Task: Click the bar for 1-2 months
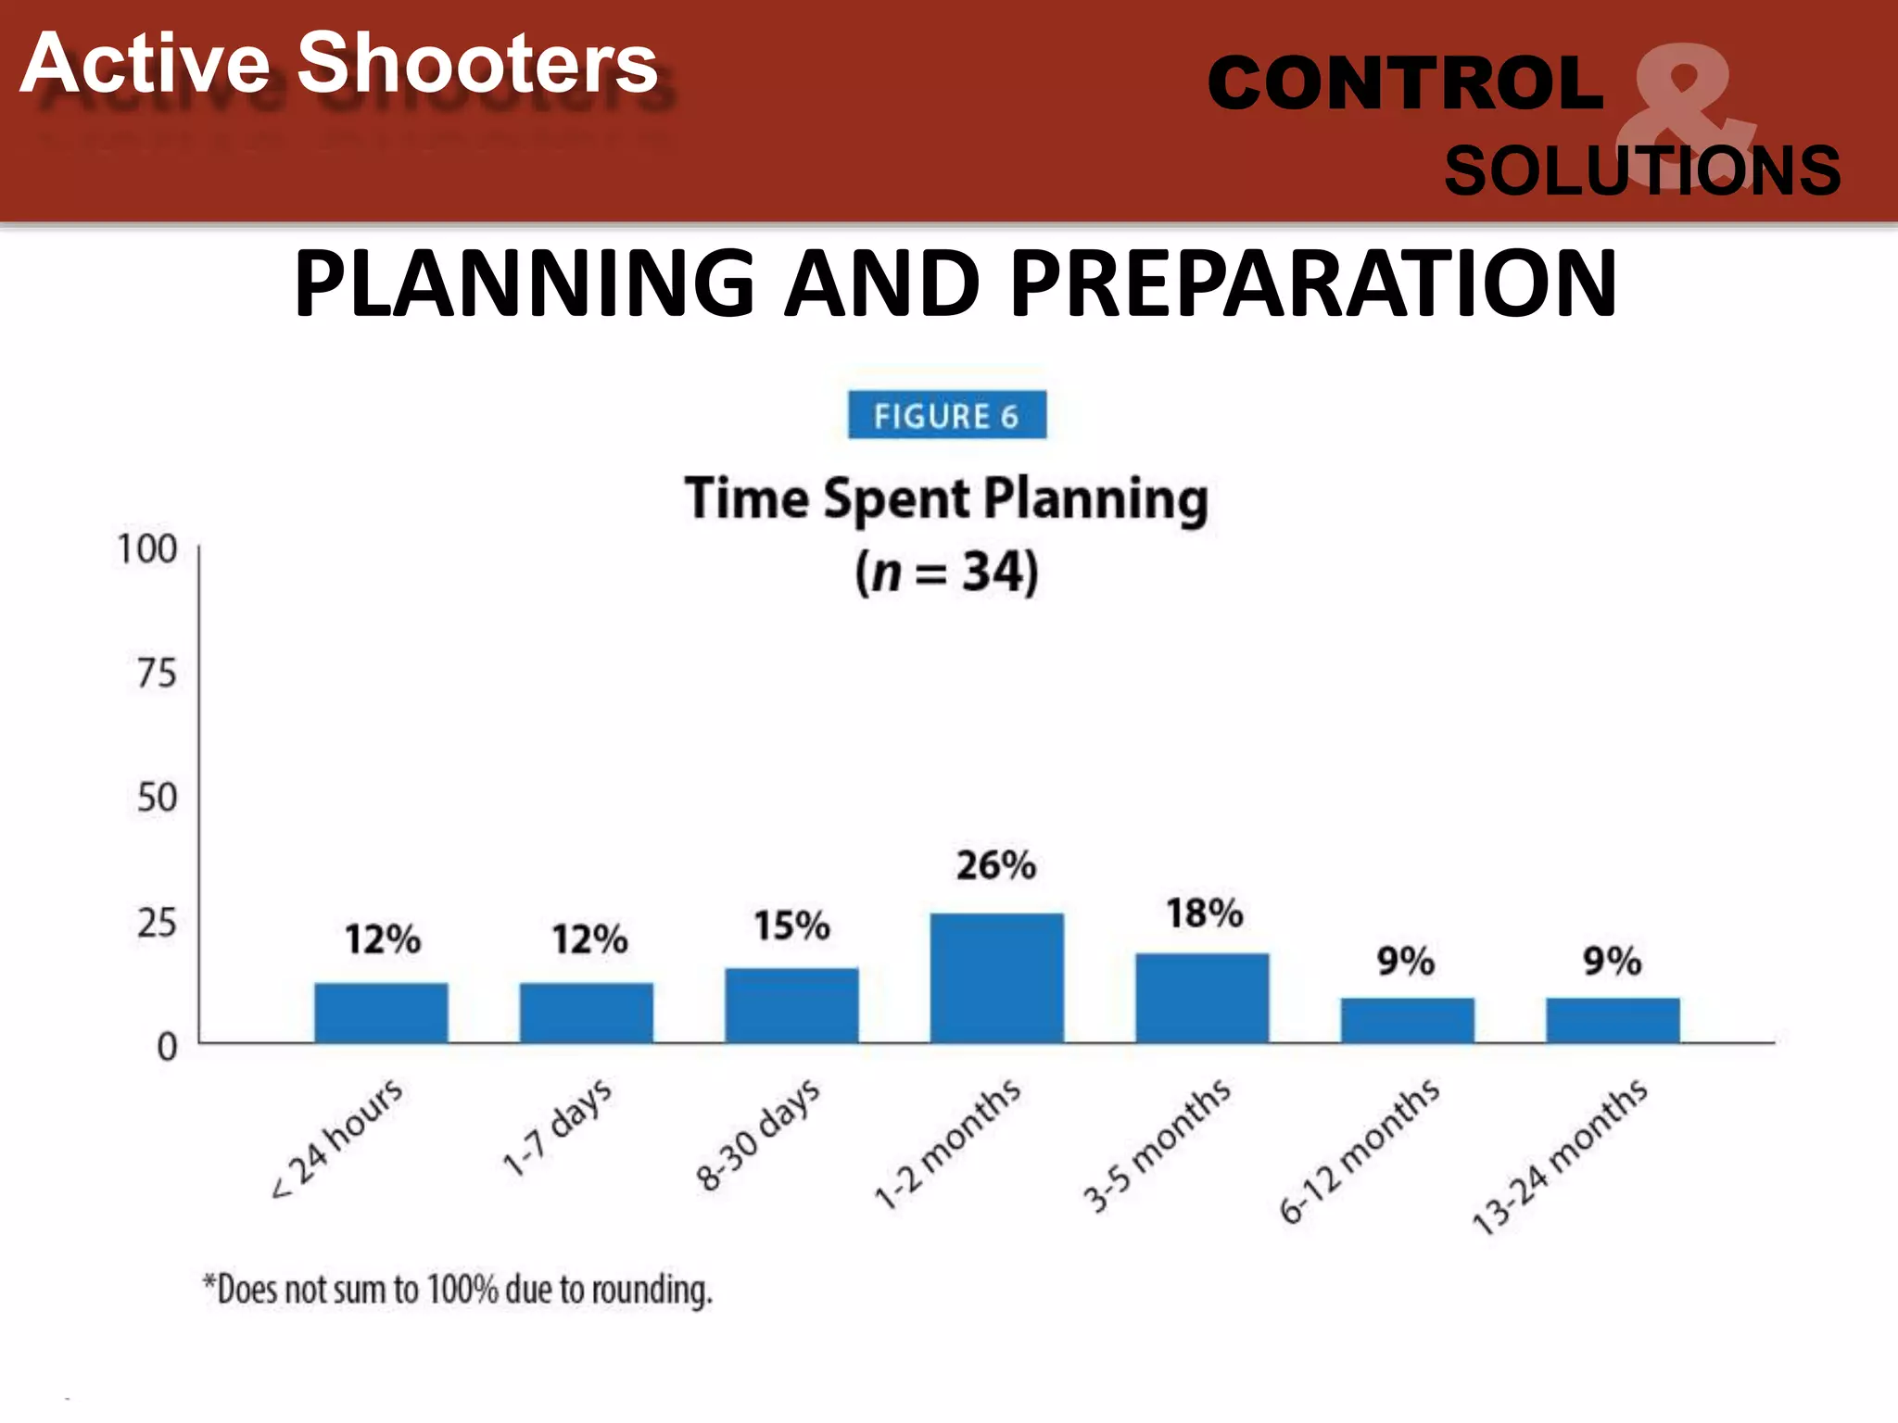[996, 978]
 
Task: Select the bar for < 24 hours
[381, 1013]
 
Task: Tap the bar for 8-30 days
[791, 1005]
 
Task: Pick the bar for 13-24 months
[1613, 1020]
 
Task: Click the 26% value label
[996, 865]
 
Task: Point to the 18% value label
[1204, 913]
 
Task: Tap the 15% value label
[791, 926]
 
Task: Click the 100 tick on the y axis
[147, 549]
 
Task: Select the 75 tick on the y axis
[157, 674]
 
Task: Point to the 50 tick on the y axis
[157, 798]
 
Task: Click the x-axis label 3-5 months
[1158, 1146]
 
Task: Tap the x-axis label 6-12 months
[1360, 1152]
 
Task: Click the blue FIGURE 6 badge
[946, 416]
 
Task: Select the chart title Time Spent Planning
[946, 499]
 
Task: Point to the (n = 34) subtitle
[946, 572]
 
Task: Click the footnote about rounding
[458, 1290]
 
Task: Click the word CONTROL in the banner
[1405, 83]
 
